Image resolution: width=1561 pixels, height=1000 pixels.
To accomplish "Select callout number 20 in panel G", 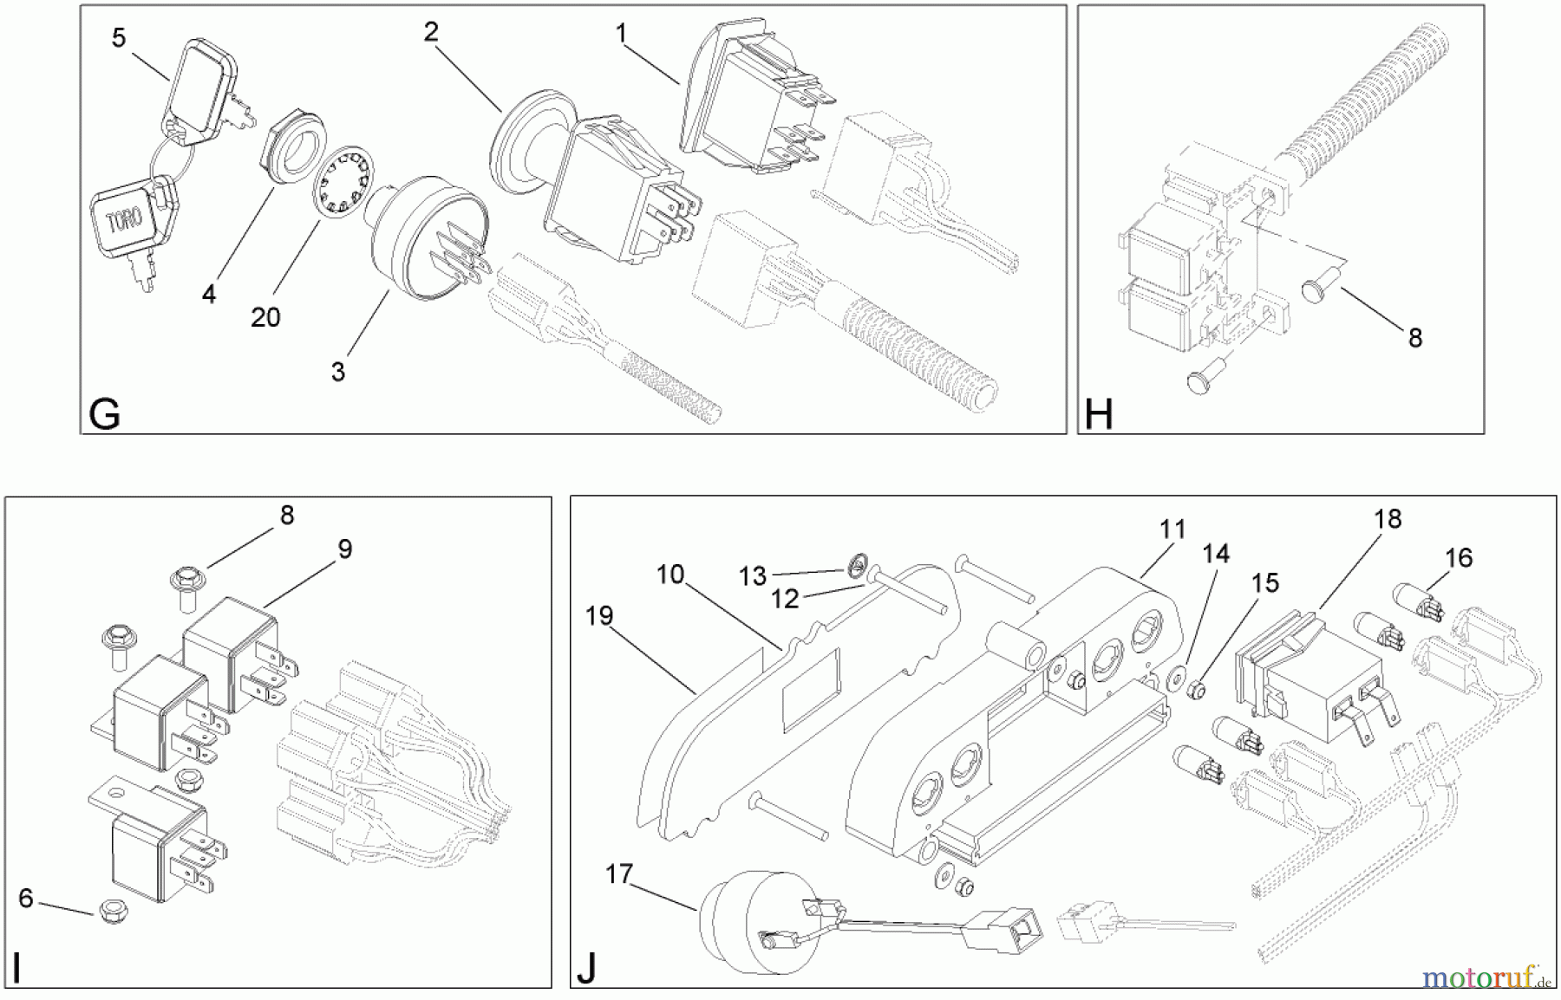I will point(265,317).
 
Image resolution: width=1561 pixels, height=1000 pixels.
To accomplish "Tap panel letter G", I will point(105,416).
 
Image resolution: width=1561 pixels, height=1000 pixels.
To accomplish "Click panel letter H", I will point(1098,416).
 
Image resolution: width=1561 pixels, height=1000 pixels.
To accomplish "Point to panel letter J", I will point(586,969).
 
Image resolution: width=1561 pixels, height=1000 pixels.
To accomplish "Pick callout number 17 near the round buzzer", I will point(619,874).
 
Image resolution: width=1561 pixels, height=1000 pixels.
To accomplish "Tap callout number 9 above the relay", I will point(345,549).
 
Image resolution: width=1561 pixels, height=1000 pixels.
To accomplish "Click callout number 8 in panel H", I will point(1414,338).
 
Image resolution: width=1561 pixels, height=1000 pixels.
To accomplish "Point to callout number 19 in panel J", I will point(598,616).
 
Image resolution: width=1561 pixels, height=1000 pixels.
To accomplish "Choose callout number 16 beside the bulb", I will point(1459,557).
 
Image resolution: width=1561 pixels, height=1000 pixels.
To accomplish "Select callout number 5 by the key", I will point(119,38).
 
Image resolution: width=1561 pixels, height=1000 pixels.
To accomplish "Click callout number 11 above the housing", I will point(1172,529).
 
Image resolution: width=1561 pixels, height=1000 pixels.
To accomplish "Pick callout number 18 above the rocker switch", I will point(1388,519).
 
